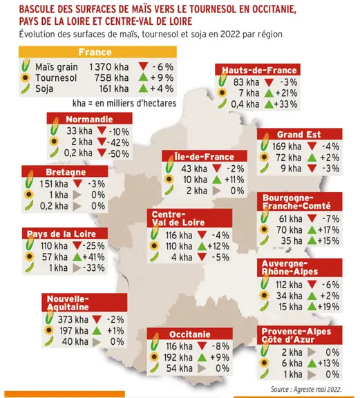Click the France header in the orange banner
(x=95, y=52)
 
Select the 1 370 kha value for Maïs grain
(x=109, y=67)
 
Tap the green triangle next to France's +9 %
(x=143, y=77)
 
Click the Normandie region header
(x=89, y=119)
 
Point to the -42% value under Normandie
(x=117, y=142)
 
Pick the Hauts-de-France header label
(x=259, y=70)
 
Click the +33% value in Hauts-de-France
(x=285, y=104)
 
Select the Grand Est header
(x=299, y=134)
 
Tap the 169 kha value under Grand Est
(x=287, y=146)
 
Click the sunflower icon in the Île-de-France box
(x=169, y=180)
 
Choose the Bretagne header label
(x=66, y=172)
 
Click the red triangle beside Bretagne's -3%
(x=77, y=184)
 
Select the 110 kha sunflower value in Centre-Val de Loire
(x=179, y=246)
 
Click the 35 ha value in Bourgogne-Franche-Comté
(x=292, y=240)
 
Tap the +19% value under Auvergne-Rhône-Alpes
(x=328, y=307)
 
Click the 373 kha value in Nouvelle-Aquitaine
(x=73, y=319)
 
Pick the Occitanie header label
(x=189, y=334)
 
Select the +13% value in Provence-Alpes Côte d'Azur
(x=328, y=363)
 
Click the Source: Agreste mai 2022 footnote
(x=306, y=389)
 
